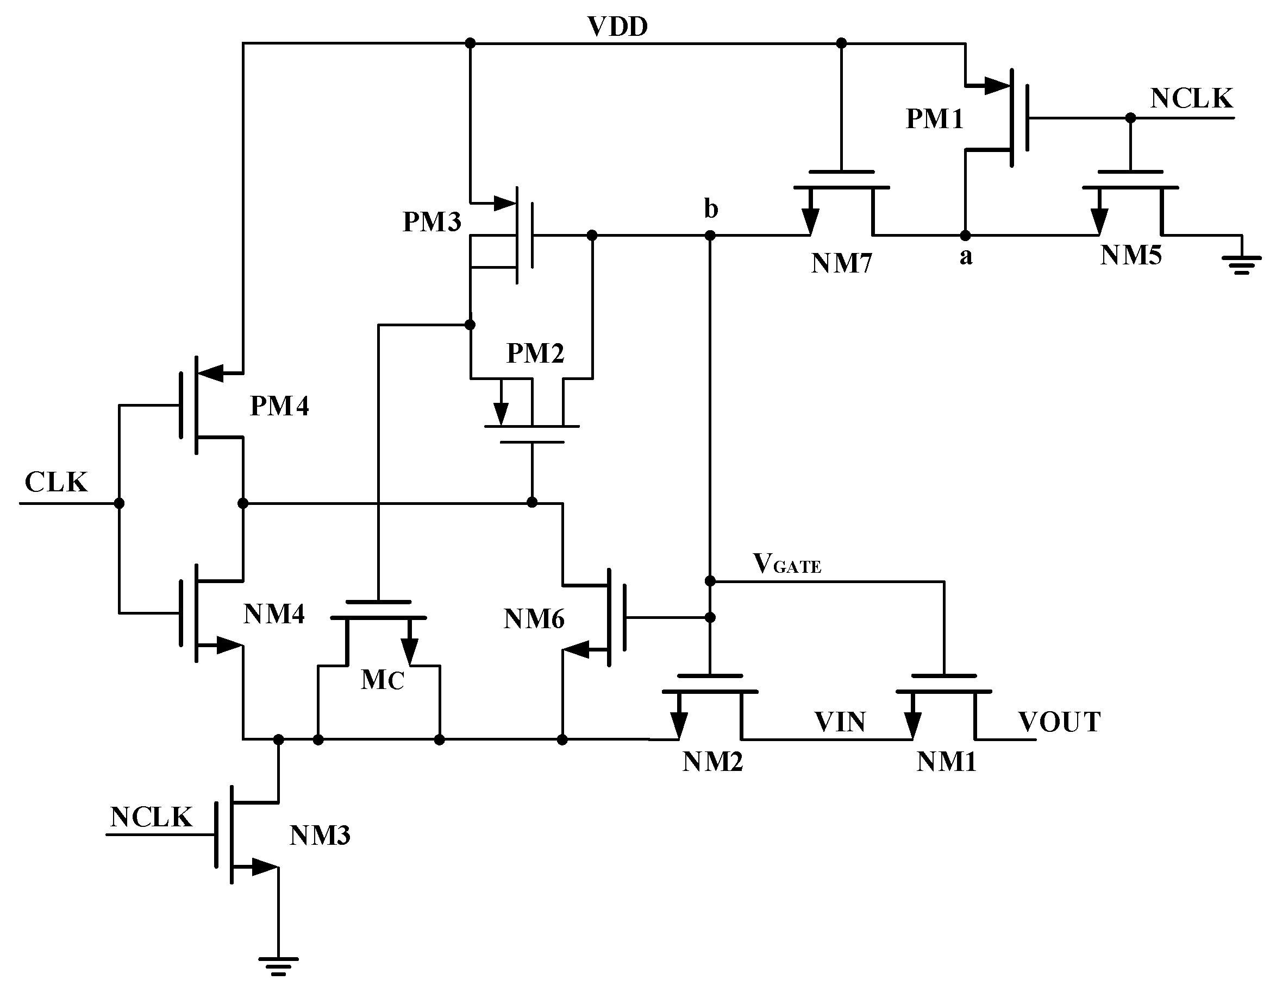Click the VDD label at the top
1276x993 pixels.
pyautogui.click(x=617, y=27)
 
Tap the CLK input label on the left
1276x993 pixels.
pyautogui.click(x=56, y=482)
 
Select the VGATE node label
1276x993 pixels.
pyautogui.click(x=787, y=564)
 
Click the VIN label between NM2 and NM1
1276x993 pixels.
pyautogui.click(x=840, y=722)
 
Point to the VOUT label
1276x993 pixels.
pyautogui.click(x=1059, y=722)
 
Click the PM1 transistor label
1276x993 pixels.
pyautogui.click(x=934, y=119)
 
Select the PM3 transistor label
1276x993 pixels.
pyautogui.click(x=431, y=222)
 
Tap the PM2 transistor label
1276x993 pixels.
pyautogui.click(x=535, y=353)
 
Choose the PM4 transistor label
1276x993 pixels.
pyautogui.click(x=279, y=406)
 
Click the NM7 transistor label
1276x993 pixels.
pyautogui.click(x=841, y=264)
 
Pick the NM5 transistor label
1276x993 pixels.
pyautogui.click(x=1130, y=256)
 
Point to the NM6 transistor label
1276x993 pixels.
pyautogui.click(x=534, y=619)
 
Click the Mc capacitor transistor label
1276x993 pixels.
pyautogui.click(x=383, y=680)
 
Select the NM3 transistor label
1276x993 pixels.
pyautogui.click(x=320, y=836)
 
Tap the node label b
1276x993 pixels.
pyautogui.click(x=710, y=209)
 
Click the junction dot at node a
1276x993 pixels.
pyautogui.click(x=965, y=236)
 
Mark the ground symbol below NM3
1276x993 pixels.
pyautogui.click(x=279, y=966)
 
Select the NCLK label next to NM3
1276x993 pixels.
pyautogui.click(x=151, y=817)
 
